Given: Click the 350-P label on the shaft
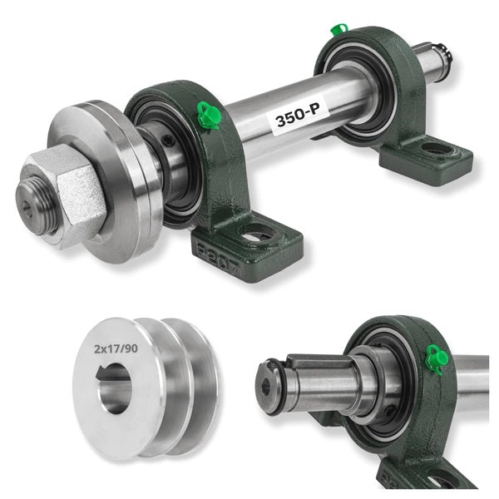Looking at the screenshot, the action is [x=298, y=116].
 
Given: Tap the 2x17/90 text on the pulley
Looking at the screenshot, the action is [x=116, y=348].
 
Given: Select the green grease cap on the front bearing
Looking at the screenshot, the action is [x=208, y=116].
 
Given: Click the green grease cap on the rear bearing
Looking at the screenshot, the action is [x=338, y=29].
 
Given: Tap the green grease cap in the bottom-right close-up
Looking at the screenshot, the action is [x=437, y=358].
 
